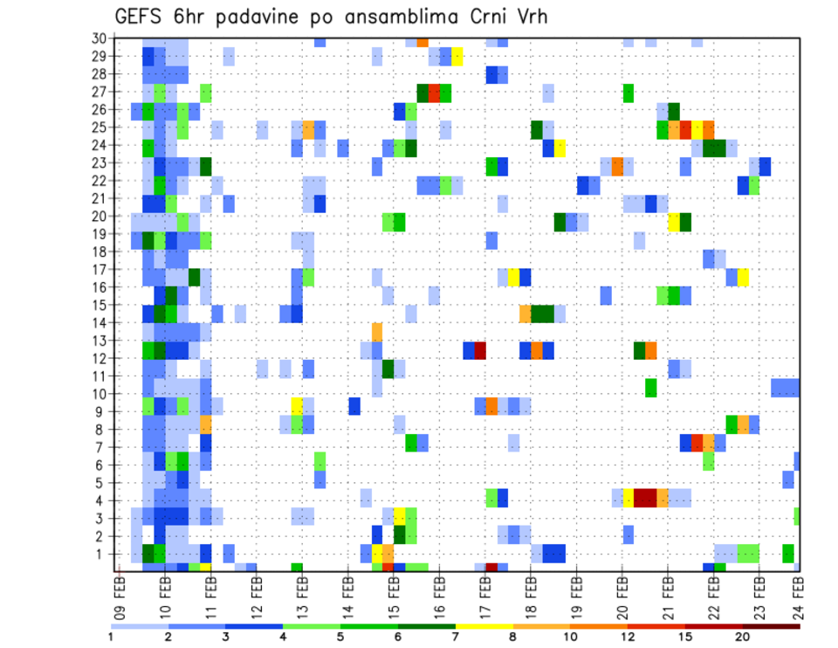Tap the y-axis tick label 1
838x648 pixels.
[x=101, y=554]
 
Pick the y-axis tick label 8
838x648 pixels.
[x=101, y=429]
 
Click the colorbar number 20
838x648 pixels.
[x=743, y=637]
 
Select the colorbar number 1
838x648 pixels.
[x=112, y=637]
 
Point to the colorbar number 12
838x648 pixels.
[x=628, y=637]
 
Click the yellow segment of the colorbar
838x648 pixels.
[x=484, y=625]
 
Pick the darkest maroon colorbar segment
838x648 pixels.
[x=772, y=625]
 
